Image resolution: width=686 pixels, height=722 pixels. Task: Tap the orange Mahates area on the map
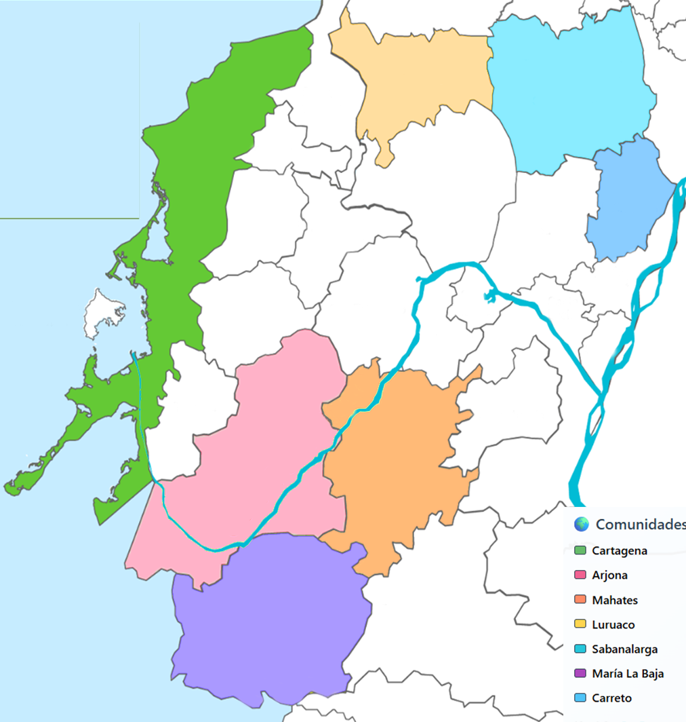pyautogui.click(x=393, y=461)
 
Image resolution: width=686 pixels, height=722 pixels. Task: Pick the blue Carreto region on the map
pyautogui.click(x=627, y=204)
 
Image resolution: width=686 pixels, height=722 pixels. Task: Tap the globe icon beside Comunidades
pyautogui.click(x=581, y=525)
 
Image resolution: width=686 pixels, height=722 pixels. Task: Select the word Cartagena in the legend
pyautogui.click(x=619, y=551)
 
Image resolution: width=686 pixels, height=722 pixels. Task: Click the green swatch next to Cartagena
pyautogui.click(x=580, y=551)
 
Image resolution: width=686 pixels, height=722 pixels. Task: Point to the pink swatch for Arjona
pyautogui.click(x=580, y=575)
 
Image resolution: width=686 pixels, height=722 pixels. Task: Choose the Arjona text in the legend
pyautogui.click(x=609, y=575)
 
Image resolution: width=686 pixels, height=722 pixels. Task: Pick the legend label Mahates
pyautogui.click(x=614, y=600)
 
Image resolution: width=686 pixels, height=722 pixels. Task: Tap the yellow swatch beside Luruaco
pyautogui.click(x=580, y=625)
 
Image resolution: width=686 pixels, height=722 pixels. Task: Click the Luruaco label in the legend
pyautogui.click(x=613, y=625)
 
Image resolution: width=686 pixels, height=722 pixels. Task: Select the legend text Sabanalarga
pyautogui.click(x=624, y=649)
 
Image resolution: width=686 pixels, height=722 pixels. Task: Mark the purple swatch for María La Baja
pyautogui.click(x=580, y=674)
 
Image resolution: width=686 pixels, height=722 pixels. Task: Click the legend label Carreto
pyautogui.click(x=611, y=698)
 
